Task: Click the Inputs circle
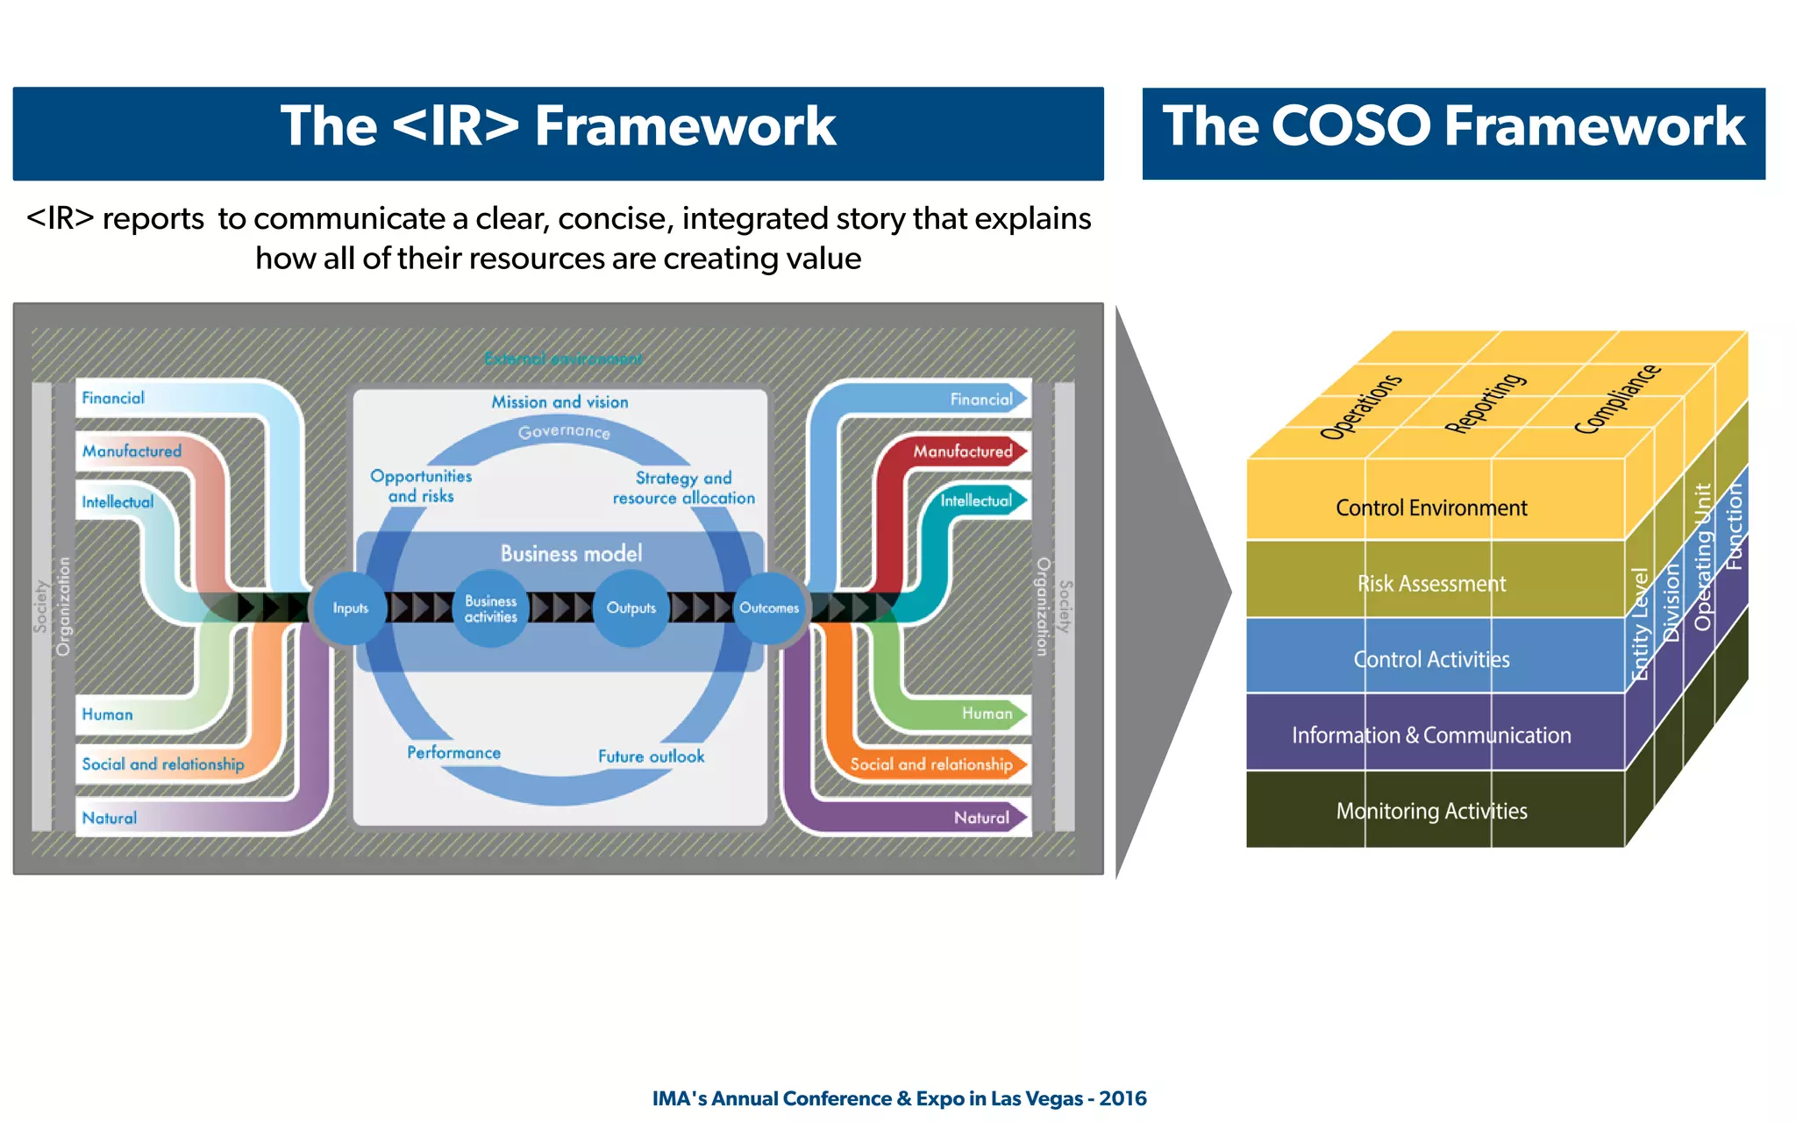[x=350, y=607]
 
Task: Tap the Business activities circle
[x=490, y=608]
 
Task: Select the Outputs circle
[x=631, y=607]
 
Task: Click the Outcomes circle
[x=768, y=607]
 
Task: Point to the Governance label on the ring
[x=564, y=431]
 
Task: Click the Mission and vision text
[x=559, y=402]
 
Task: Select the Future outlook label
[x=651, y=756]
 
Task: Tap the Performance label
[x=453, y=752]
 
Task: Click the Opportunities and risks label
[x=421, y=486]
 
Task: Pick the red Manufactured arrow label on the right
[x=962, y=451]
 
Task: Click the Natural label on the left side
[x=110, y=818]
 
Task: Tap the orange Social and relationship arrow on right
[x=931, y=764]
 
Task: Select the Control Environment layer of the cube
[x=1430, y=508]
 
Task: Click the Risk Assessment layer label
[x=1430, y=584]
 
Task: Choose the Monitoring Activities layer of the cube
[x=1430, y=811]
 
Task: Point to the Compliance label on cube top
[x=1616, y=399]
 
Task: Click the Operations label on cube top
[x=1361, y=407]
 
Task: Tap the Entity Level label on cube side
[x=1639, y=624]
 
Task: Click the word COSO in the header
[x=1351, y=125]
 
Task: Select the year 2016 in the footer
[x=1122, y=1098]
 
